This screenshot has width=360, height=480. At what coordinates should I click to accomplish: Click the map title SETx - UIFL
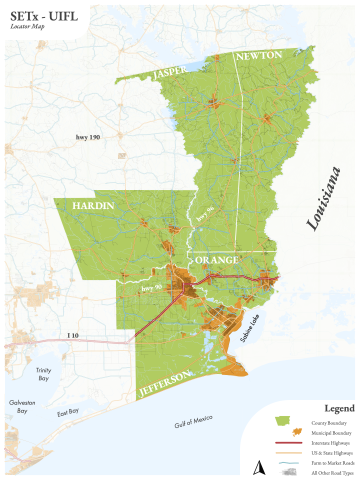pyautogui.click(x=43, y=16)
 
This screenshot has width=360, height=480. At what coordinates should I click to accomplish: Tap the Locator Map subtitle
pyautogui.click(x=28, y=29)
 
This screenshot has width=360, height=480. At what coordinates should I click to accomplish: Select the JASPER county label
pyautogui.click(x=171, y=71)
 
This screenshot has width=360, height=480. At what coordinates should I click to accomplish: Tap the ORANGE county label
pyautogui.click(x=216, y=259)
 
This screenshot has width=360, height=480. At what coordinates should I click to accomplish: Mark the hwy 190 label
pyautogui.click(x=89, y=136)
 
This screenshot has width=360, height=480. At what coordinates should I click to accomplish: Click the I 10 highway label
pyautogui.click(x=72, y=335)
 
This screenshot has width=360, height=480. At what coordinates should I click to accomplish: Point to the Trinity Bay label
pyautogui.click(x=42, y=374)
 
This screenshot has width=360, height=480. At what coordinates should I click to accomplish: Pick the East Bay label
pyautogui.click(x=68, y=413)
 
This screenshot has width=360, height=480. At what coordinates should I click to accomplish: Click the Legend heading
pyautogui.click(x=339, y=408)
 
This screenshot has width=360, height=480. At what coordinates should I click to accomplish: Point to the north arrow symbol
pyautogui.click(x=258, y=465)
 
